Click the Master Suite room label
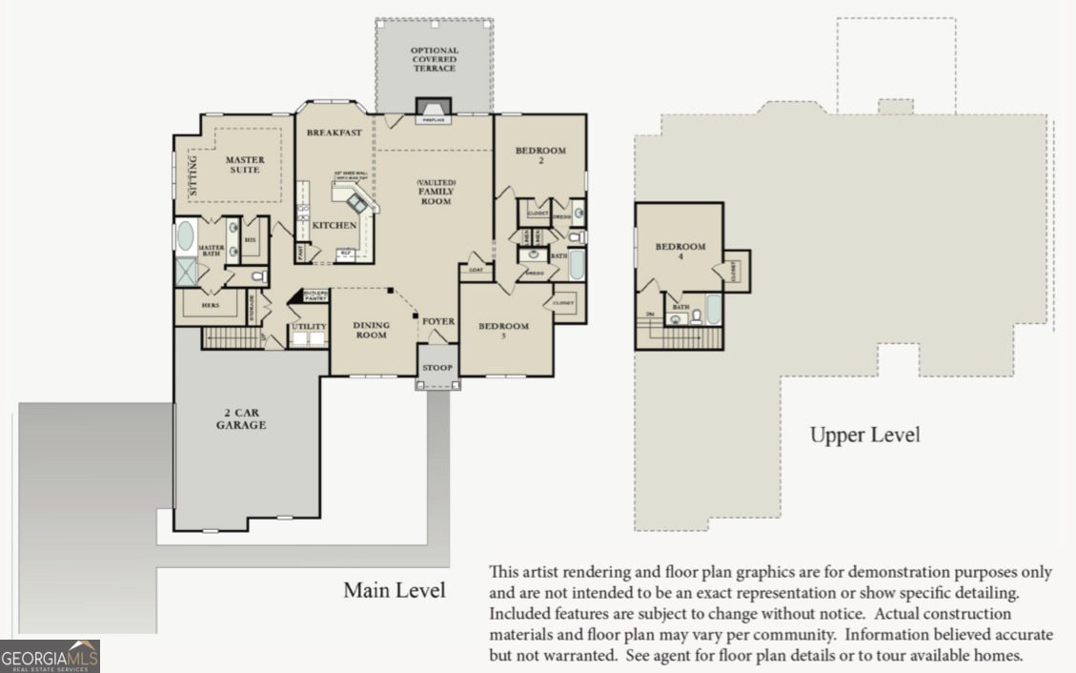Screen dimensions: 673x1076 click(x=245, y=165)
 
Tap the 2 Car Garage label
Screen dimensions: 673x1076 click(x=240, y=419)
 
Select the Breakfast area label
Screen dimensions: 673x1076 click(x=334, y=133)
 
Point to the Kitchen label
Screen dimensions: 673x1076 click(x=335, y=226)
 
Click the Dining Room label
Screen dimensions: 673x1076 click(x=371, y=330)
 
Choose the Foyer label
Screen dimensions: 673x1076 click(x=438, y=321)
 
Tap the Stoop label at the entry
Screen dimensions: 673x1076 click(x=437, y=368)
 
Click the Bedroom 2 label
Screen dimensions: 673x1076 click(x=540, y=155)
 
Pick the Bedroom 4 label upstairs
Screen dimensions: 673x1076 click(x=680, y=252)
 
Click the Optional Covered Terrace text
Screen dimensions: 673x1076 click(x=434, y=59)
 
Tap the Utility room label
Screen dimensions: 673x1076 click(x=309, y=327)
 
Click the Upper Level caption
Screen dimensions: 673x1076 click(x=864, y=436)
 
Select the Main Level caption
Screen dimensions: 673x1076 click(x=395, y=590)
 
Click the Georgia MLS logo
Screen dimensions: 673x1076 click(x=50, y=657)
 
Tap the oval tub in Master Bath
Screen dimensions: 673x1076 click(x=185, y=235)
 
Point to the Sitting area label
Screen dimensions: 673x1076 click(x=193, y=175)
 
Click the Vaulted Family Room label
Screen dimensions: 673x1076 click(x=435, y=192)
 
